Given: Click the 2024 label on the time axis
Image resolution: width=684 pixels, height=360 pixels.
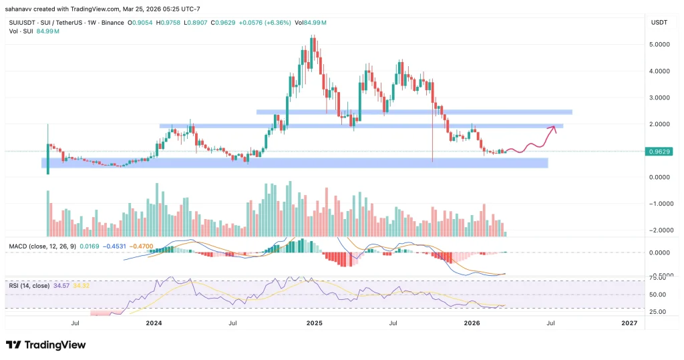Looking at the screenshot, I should [x=154, y=323].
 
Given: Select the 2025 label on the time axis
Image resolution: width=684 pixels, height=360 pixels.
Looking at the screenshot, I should [x=315, y=323].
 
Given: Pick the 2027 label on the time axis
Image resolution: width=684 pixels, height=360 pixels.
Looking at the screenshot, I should [x=629, y=323].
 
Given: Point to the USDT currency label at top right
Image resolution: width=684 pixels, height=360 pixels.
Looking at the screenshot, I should [x=658, y=23].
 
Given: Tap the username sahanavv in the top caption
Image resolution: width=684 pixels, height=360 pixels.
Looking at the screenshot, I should [x=21, y=8].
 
